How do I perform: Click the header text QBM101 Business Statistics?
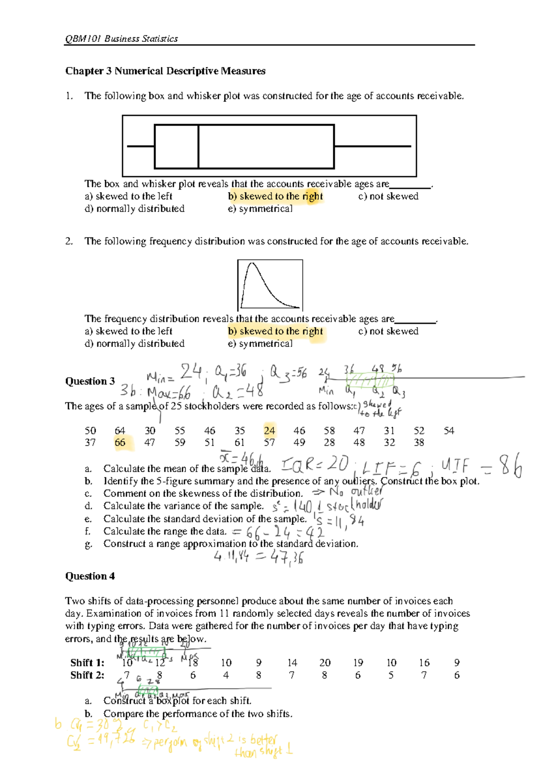(121, 39)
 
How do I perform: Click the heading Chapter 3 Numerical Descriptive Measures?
(165, 71)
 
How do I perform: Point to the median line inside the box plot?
(198, 146)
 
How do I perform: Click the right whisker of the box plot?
(373, 146)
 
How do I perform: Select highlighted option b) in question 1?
(275, 196)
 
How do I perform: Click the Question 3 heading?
(90, 381)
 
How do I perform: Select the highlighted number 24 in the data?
(269, 430)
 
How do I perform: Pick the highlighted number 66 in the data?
(120, 443)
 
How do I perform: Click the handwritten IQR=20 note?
(314, 464)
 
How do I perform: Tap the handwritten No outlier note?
(355, 492)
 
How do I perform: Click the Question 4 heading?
(90, 576)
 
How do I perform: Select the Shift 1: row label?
(87, 663)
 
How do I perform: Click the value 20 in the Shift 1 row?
(325, 663)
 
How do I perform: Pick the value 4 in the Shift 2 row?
(226, 675)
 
